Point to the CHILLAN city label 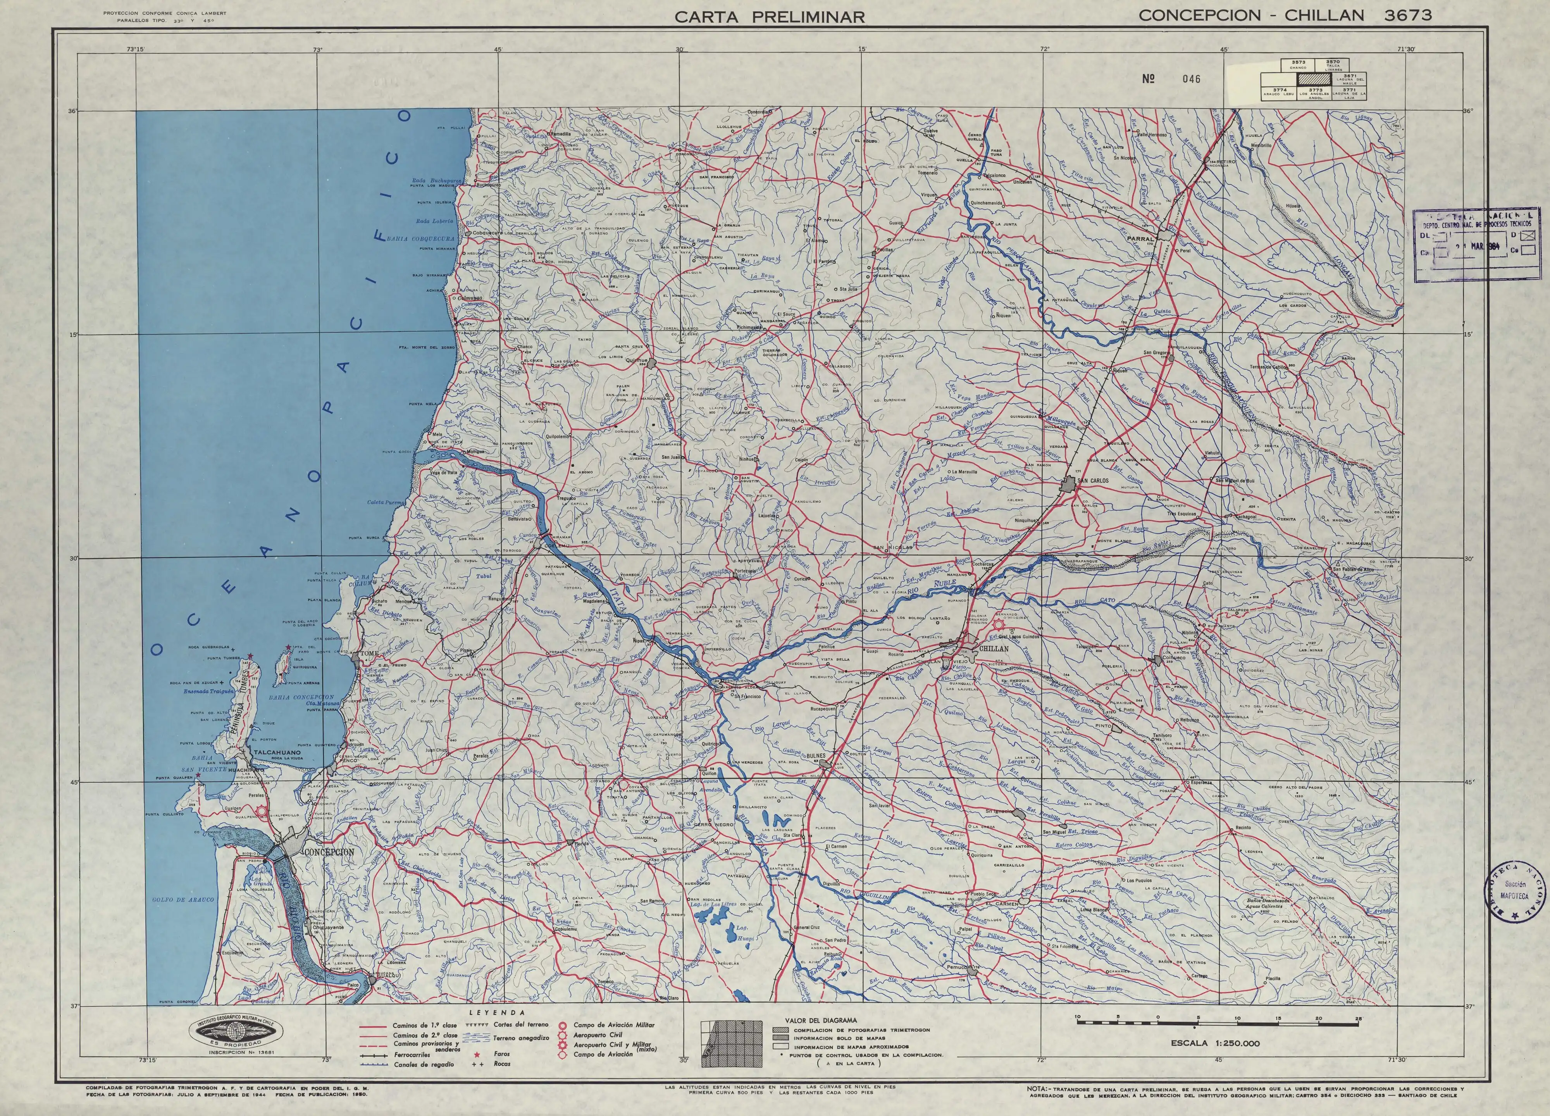click(994, 648)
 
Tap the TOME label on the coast click(369, 654)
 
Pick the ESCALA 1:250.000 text click(1214, 1063)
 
